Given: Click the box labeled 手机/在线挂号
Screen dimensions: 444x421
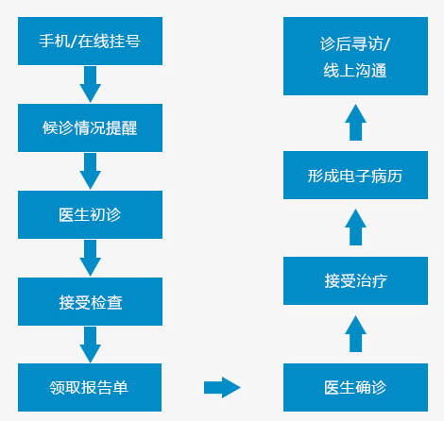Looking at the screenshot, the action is tap(90, 41).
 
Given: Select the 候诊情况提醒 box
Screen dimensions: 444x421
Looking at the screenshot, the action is tap(90, 127).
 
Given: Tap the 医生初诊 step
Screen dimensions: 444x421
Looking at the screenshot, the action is tap(90, 214).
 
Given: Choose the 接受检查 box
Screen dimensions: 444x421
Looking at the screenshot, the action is tap(90, 301).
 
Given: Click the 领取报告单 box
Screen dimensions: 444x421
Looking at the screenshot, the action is tap(90, 387).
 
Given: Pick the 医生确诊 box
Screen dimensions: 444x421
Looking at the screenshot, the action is tap(355, 387).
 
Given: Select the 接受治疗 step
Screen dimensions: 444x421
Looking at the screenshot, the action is tap(355, 280).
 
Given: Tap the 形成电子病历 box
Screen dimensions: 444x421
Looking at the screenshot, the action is tap(355, 175).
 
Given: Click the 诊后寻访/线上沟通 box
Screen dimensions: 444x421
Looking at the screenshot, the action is tap(355, 56).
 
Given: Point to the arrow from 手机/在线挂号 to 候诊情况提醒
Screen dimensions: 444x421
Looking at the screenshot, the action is tap(91, 84).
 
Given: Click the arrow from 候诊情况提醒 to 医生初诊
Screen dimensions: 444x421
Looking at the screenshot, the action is tap(91, 171).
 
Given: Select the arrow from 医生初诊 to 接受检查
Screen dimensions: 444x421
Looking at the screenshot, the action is tap(91, 258).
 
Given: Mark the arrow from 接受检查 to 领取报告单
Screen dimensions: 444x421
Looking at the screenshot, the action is tap(91, 345).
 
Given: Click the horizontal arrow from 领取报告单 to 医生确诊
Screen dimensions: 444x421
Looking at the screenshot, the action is tap(222, 387).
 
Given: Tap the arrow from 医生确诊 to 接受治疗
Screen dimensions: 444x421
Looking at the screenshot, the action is tap(355, 334).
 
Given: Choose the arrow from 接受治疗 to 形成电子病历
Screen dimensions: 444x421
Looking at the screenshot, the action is tap(355, 227).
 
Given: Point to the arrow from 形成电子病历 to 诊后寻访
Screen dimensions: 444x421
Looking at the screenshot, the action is tap(355, 123).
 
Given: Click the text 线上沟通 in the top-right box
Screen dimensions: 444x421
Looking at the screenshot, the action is tap(355, 70).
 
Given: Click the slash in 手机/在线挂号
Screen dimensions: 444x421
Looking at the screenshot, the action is tap(74, 42).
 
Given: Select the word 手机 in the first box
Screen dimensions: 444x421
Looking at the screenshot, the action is tap(54, 41).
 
